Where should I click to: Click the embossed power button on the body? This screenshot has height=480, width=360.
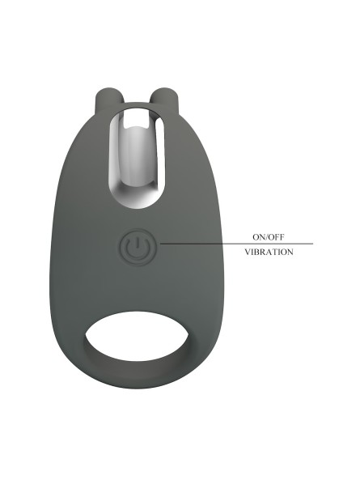pyautogui.click(x=138, y=247)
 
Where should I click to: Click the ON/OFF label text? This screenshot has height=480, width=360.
pyautogui.click(x=269, y=236)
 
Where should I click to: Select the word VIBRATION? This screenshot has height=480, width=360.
pyautogui.click(x=269, y=252)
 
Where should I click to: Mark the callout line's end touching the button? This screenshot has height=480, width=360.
pyautogui.click(x=160, y=244)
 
